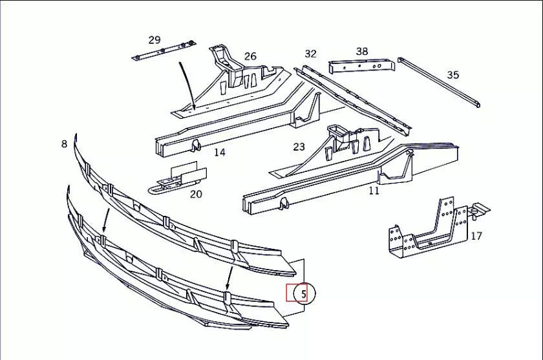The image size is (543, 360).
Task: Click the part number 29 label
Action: point(154,40)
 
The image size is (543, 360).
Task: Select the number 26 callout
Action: point(250,56)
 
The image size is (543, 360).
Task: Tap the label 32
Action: point(311,54)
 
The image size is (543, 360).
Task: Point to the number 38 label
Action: point(362,51)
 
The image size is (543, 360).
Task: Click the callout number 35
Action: point(453,75)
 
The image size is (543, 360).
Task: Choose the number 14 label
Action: point(220,153)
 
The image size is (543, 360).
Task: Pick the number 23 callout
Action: point(299,147)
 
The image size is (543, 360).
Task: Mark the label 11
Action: point(374,191)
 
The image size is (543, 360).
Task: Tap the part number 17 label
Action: point(476,236)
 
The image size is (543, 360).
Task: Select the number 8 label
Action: point(64,143)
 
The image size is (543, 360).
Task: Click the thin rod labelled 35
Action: point(440,82)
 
